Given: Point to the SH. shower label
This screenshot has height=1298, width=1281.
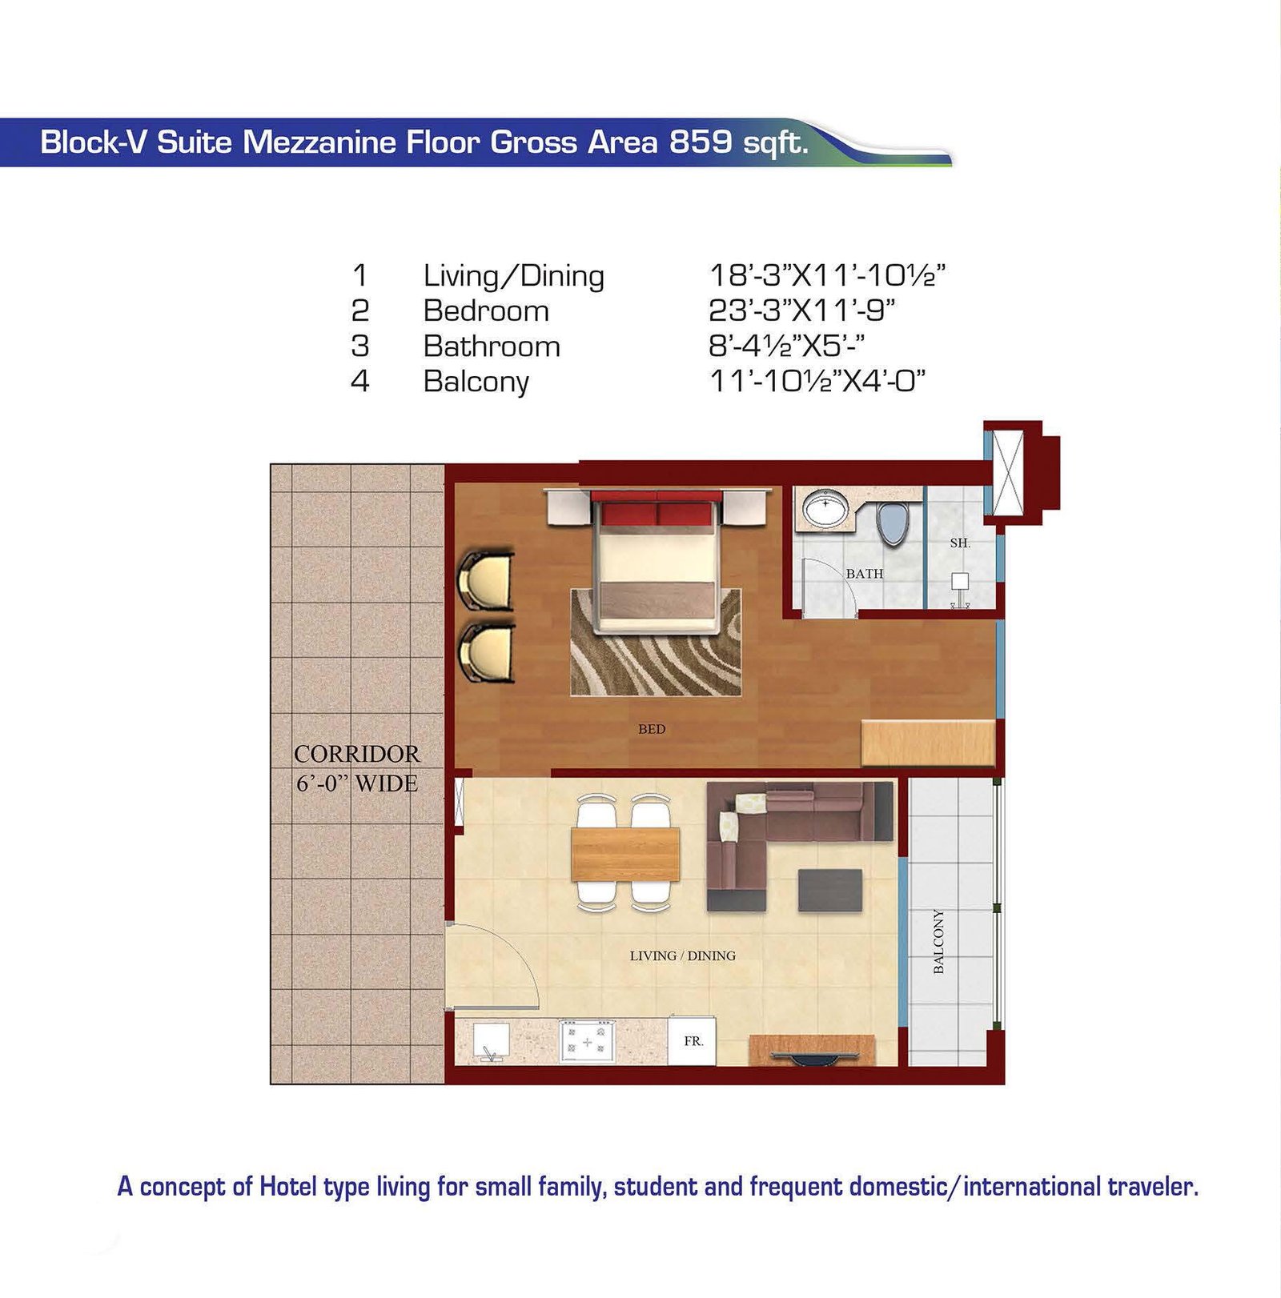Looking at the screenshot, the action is coord(960,543).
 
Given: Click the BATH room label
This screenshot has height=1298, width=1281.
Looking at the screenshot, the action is coord(865,574).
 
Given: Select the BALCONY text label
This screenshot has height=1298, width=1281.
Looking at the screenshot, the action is coord(938,941).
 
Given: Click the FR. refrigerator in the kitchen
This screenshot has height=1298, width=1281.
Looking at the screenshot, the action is coord(693,1040).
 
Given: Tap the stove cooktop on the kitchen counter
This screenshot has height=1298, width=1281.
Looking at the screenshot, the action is coord(587,1041).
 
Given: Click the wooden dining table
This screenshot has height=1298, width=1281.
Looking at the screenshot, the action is coord(625,854).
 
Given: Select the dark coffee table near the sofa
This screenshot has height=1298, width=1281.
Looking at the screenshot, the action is coord(830,890).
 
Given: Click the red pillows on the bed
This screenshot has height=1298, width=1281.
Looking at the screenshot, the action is coord(657,512).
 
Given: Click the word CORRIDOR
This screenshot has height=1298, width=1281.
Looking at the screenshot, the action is coord(356,754).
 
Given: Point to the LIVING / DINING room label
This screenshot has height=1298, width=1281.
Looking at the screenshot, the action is coord(682,955).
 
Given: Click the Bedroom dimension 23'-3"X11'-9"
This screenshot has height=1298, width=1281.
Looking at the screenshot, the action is coord(802,310).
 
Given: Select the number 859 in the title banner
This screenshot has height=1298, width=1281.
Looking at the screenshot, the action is coord(701,142).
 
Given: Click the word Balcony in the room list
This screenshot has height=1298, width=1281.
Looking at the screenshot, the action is coord(476,382).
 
